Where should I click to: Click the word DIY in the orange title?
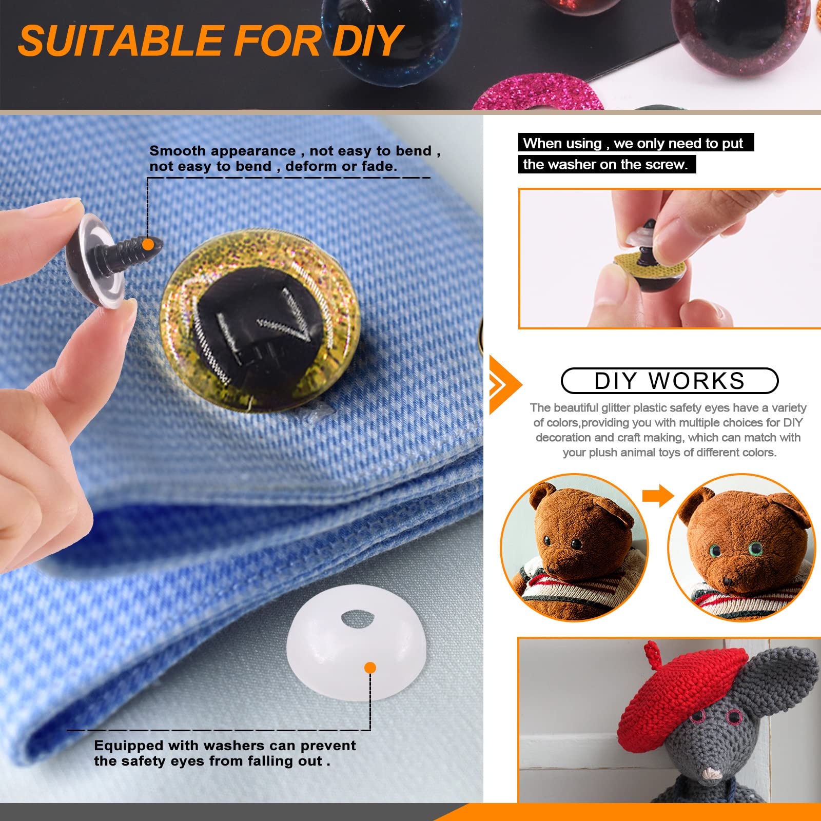(x=366, y=42)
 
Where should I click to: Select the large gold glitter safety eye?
(x=260, y=321)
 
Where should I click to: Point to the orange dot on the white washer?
(x=370, y=668)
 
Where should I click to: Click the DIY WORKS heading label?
(x=670, y=381)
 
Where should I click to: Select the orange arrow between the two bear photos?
(x=658, y=496)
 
